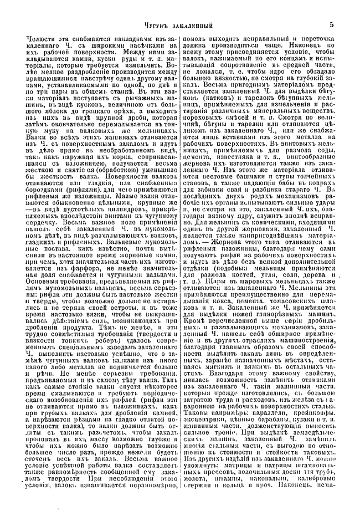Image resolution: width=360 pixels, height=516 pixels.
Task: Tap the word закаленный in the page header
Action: point(187,24)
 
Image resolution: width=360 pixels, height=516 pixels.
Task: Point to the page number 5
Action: point(331,24)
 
